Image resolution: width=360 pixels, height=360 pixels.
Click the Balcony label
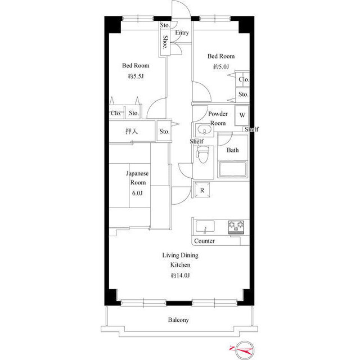point(178,320)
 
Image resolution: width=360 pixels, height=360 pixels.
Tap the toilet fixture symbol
point(202,154)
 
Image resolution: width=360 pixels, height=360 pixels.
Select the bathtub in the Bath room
point(232,169)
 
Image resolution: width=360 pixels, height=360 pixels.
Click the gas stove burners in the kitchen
point(236,227)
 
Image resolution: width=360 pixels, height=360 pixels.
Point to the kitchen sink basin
point(205,227)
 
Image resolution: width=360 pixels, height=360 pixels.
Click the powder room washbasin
point(204,129)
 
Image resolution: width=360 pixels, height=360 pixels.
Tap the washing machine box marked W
point(242,115)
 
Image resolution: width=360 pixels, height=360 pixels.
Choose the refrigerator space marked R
point(202,190)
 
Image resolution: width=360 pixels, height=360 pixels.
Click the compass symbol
point(245,350)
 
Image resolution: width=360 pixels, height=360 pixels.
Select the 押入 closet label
point(132,131)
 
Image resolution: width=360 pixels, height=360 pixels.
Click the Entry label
point(182,33)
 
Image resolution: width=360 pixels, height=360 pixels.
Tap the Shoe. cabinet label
point(165,42)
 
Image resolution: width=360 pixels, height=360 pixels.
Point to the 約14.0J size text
point(180,275)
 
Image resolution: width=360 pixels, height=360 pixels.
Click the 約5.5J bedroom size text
point(136,76)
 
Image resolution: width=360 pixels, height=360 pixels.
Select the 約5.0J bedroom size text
point(221,67)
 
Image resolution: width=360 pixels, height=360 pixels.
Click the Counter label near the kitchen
point(204,241)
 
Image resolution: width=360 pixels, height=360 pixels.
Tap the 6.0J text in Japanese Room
point(137,193)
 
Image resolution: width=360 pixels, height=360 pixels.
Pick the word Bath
point(232,150)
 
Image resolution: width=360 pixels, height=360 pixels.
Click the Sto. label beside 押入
point(164,132)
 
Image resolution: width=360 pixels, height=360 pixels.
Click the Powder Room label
point(218,119)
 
